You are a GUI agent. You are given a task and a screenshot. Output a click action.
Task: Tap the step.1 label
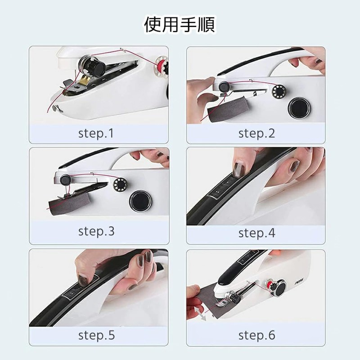click(x=96, y=133)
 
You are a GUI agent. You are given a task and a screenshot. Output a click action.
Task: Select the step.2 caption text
click(x=256, y=133)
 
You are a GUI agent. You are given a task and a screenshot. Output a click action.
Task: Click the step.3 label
click(x=96, y=232)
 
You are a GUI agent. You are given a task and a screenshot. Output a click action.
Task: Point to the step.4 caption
click(x=256, y=233)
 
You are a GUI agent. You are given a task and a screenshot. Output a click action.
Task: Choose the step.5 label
click(x=96, y=335)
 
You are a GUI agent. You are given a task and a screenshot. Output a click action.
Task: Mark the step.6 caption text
click(x=256, y=335)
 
